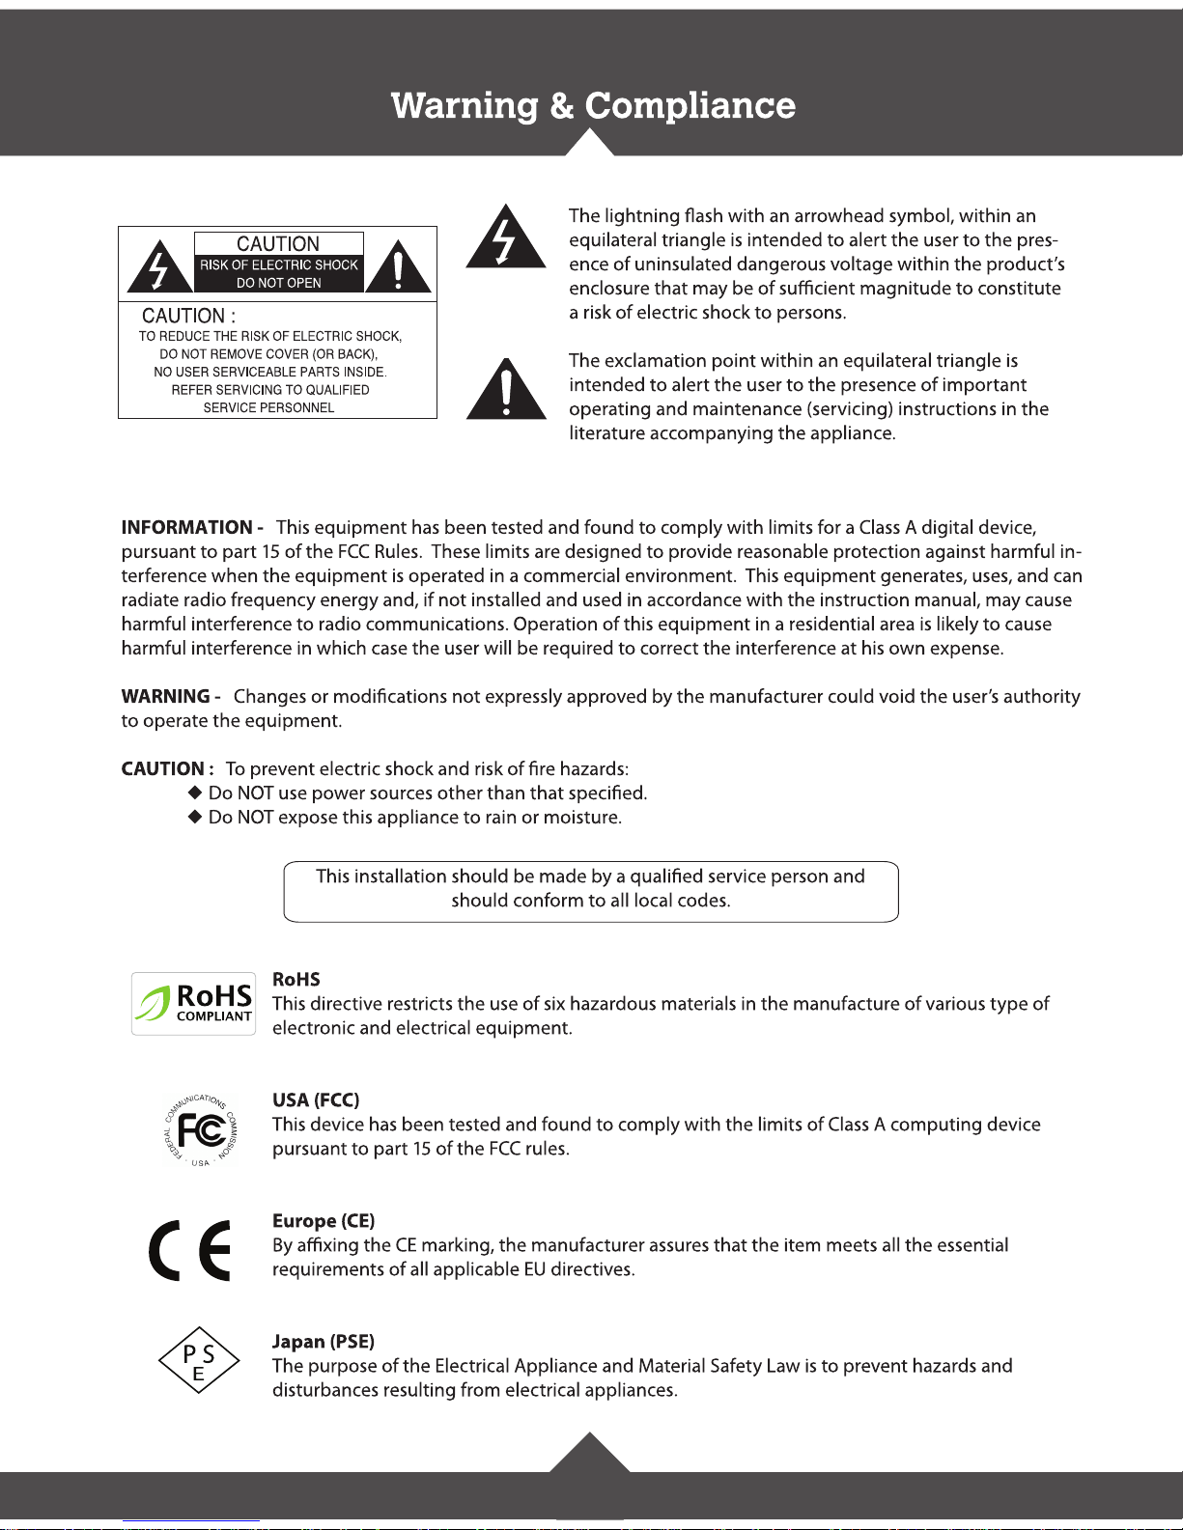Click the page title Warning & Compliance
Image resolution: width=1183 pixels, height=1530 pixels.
click(x=593, y=105)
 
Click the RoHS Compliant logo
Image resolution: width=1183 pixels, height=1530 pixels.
click(x=194, y=1004)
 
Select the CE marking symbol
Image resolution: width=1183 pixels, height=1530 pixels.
click(x=190, y=1250)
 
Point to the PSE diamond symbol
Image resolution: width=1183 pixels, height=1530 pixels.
click(x=199, y=1360)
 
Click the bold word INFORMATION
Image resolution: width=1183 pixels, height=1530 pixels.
click(x=187, y=528)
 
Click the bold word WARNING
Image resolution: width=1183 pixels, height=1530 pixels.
click(x=166, y=697)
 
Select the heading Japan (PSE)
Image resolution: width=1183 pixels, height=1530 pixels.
click(x=324, y=1342)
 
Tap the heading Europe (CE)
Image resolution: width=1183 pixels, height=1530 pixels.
click(x=324, y=1221)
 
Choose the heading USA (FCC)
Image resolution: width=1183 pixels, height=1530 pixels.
click(x=316, y=1100)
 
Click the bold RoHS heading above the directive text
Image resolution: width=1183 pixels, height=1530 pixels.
click(x=296, y=980)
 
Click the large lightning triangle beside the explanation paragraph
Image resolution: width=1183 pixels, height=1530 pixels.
click(x=506, y=238)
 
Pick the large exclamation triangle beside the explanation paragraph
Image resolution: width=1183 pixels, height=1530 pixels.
click(x=506, y=391)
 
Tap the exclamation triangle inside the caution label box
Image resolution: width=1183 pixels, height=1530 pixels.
click(x=398, y=268)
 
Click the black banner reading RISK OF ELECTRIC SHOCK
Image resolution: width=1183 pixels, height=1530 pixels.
click(x=279, y=273)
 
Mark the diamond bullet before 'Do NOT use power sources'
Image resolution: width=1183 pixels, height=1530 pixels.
click(x=194, y=793)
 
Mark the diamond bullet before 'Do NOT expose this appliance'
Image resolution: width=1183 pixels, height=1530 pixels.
click(x=194, y=817)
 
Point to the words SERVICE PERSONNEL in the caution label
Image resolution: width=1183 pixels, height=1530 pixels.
click(x=268, y=408)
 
